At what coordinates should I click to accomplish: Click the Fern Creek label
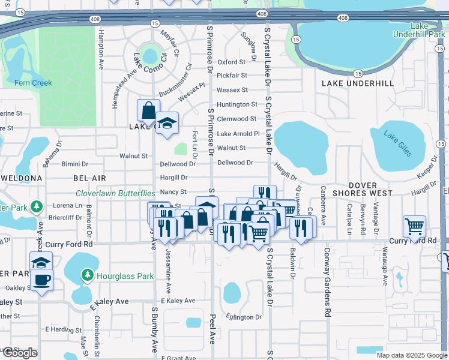point(33,83)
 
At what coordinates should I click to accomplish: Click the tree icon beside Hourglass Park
point(88,275)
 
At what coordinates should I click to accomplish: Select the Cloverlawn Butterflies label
point(115,193)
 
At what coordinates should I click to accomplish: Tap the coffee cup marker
point(41,280)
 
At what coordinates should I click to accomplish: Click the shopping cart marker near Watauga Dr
point(414,226)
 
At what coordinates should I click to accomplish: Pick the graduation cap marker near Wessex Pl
point(167,123)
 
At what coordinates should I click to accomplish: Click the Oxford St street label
point(232,62)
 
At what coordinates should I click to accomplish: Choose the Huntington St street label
point(237,104)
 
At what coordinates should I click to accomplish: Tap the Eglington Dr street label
point(244,317)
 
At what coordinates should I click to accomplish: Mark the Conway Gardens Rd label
point(328,282)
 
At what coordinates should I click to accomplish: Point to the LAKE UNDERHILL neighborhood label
point(358,83)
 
